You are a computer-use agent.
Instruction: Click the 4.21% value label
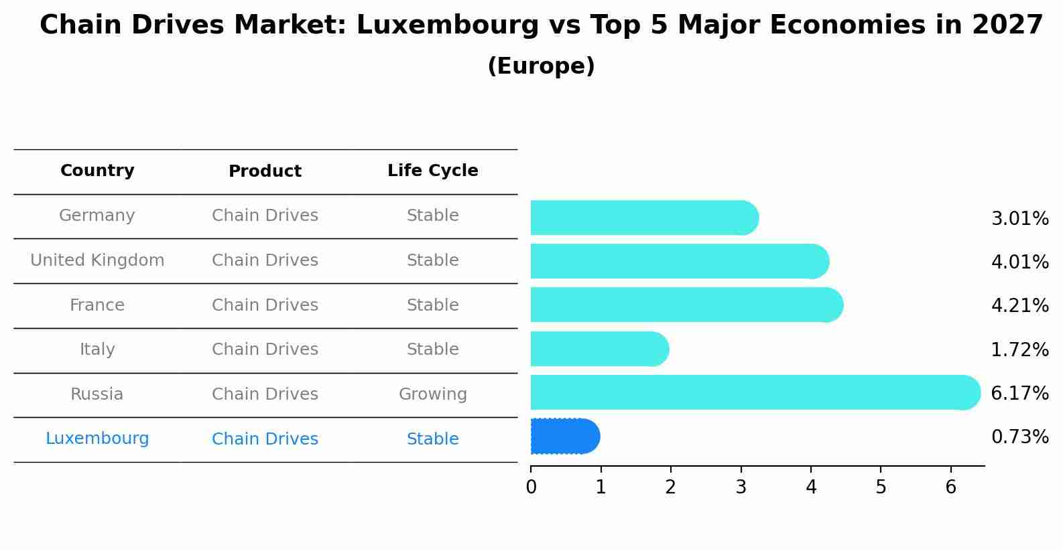(1019, 306)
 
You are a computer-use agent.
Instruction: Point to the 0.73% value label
(1019, 437)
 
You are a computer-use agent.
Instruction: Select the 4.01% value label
(1019, 262)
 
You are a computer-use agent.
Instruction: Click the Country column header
(97, 171)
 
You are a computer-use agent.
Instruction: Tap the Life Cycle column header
(432, 171)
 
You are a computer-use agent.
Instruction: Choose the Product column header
(265, 171)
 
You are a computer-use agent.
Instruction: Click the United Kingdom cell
(97, 260)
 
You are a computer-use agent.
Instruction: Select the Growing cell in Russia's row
(432, 394)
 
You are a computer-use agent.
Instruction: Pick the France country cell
(97, 305)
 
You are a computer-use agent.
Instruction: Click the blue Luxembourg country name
(97, 439)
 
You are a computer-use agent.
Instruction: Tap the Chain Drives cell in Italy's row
(265, 349)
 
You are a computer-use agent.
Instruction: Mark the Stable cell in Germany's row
(432, 216)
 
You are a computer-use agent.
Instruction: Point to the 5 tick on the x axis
(881, 487)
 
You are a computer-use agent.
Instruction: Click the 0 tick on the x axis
(531, 487)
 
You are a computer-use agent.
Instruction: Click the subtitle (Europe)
(541, 66)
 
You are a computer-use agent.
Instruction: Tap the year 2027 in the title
(1007, 25)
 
